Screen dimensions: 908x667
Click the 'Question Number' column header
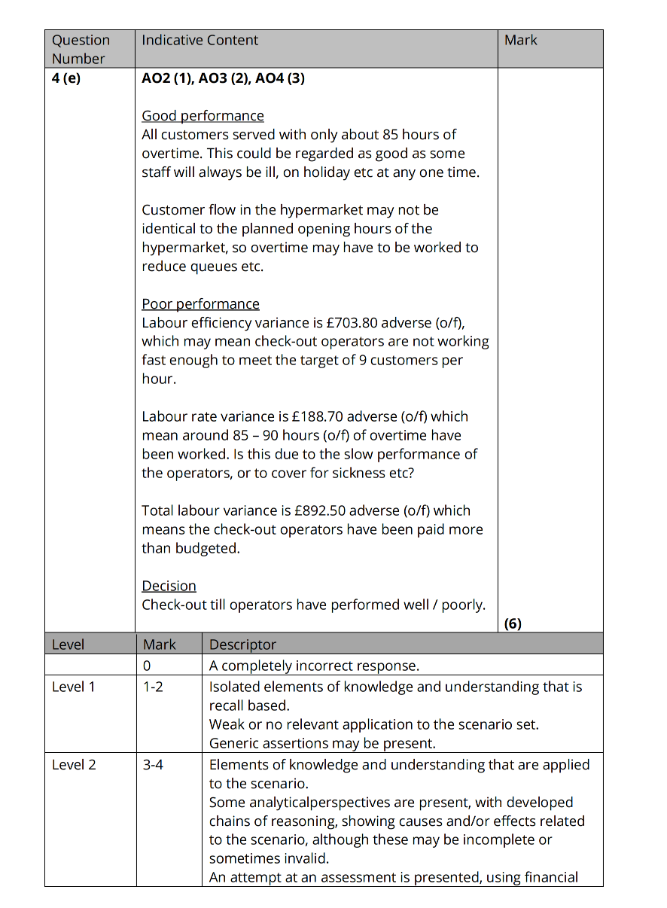[x=81, y=49]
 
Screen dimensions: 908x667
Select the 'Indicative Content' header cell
[x=199, y=41]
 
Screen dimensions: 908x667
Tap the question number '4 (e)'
[x=65, y=78]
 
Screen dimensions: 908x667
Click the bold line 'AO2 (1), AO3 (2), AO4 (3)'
[x=223, y=78]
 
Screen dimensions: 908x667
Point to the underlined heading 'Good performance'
[x=203, y=116]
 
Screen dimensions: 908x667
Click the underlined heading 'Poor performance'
[x=200, y=304]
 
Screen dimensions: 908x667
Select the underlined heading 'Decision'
[x=169, y=586]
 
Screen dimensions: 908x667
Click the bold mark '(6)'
[x=513, y=623]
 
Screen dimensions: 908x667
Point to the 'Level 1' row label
[x=74, y=687]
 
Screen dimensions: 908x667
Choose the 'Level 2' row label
[x=74, y=765]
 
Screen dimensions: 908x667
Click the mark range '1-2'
[x=153, y=687]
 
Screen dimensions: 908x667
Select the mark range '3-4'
[x=153, y=765]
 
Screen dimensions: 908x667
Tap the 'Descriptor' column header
[x=242, y=644]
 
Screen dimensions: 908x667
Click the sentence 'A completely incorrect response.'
[x=314, y=666]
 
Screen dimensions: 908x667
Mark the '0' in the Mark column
[x=147, y=666]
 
